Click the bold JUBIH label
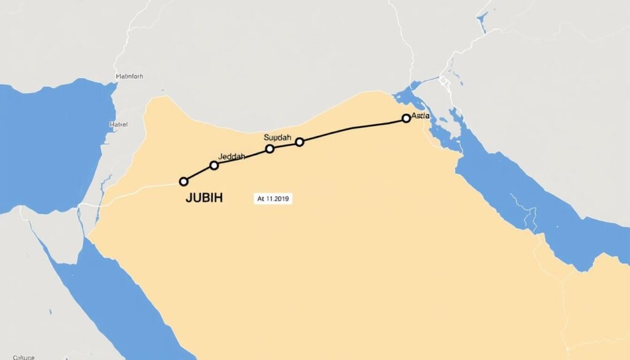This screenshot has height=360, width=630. tap(204, 198)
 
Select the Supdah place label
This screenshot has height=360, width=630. tap(277, 138)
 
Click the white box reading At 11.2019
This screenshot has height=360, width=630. tap(273, 199)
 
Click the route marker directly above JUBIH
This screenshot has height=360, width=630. tap(183, 182)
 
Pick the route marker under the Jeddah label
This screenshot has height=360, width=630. tap(214, 165)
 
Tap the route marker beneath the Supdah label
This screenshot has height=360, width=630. tap(269, 149)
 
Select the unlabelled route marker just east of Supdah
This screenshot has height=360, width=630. tap(300, 142)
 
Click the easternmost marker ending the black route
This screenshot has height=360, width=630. tap(405, 118)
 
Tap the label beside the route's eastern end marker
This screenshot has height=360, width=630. tap(420, 115)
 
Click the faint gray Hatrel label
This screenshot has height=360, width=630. tap(118, 124)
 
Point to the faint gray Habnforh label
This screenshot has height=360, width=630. tap(129, 77)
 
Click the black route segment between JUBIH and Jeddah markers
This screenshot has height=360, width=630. tap(198, 173)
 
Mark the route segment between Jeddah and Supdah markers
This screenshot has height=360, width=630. tap(242, 157)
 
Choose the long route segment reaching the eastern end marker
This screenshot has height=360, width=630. tap(353, 128)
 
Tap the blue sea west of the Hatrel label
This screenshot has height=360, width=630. tap(49, 135)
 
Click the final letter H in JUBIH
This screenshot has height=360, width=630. tap(218, 198)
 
